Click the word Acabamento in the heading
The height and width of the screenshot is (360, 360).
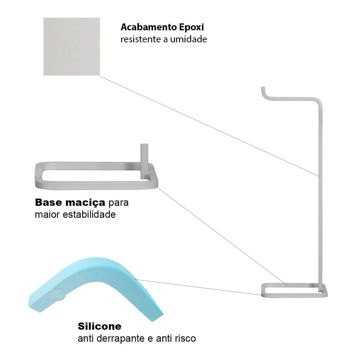point(149,27)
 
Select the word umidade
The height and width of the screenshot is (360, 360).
point(189,39)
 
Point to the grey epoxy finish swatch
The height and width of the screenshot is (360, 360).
point(72,46)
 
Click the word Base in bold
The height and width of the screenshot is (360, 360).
point(49,202)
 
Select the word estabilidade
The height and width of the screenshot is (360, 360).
point(89,215)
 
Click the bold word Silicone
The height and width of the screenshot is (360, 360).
point(100,326)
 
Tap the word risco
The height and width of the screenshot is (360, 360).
point(185,338)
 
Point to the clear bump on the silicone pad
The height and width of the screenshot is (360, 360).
point(57,294)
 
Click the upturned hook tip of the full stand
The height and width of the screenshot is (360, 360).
point(263,89)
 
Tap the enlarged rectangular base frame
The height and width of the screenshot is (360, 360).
point(96,185)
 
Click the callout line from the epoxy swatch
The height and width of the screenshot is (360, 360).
point(210,126)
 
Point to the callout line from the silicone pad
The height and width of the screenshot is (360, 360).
point(198,287)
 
